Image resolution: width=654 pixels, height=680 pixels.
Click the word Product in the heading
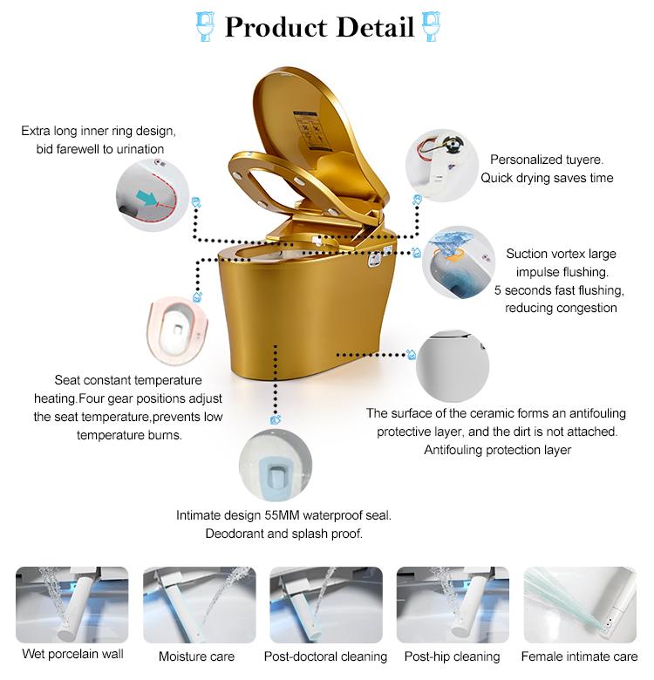pos(276,27)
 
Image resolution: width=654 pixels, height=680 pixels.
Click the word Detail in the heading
pos(375,27)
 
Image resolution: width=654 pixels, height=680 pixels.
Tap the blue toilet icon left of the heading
pos(206,26)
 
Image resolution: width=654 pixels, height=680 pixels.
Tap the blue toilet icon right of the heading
pos(432,26)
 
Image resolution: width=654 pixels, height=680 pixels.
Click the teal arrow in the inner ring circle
pos(146,197)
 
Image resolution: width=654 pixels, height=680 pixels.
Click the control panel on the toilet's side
pos(374,258)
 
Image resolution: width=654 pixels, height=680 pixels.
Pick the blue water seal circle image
pos(276,466)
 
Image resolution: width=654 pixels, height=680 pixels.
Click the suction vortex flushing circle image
pos(459,262)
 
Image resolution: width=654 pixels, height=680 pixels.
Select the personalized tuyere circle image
pos(442,166)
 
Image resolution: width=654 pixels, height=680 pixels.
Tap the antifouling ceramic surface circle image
pos(453,365)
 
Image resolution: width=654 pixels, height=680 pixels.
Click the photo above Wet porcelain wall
pos(72,604)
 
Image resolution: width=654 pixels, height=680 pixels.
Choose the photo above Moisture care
pos(200,604)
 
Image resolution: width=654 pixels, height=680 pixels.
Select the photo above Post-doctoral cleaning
pos(326,604)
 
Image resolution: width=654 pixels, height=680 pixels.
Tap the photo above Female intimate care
pos(580,604)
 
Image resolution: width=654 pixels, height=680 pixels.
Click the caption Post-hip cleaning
pos(453,656)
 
